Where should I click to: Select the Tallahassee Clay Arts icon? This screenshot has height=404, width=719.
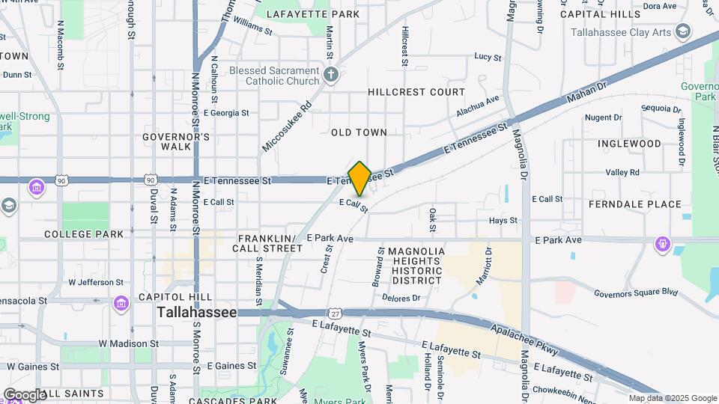682,32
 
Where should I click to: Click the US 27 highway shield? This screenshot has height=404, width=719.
335,313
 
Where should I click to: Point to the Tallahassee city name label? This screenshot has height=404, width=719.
197,313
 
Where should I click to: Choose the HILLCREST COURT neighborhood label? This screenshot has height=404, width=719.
416,92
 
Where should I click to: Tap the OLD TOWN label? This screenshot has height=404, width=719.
359,132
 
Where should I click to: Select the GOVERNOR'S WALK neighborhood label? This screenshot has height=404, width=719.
176,141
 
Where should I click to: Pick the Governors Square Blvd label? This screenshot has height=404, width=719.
635,293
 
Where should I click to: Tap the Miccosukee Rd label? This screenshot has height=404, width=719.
287,126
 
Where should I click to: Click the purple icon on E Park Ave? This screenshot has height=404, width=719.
662,243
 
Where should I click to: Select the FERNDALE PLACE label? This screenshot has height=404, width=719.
635,204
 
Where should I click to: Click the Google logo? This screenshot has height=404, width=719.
25,394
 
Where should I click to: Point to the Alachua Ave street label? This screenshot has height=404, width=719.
477,106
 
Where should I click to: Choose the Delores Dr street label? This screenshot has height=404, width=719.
401,298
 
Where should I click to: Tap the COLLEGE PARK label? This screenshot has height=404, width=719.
84,234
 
